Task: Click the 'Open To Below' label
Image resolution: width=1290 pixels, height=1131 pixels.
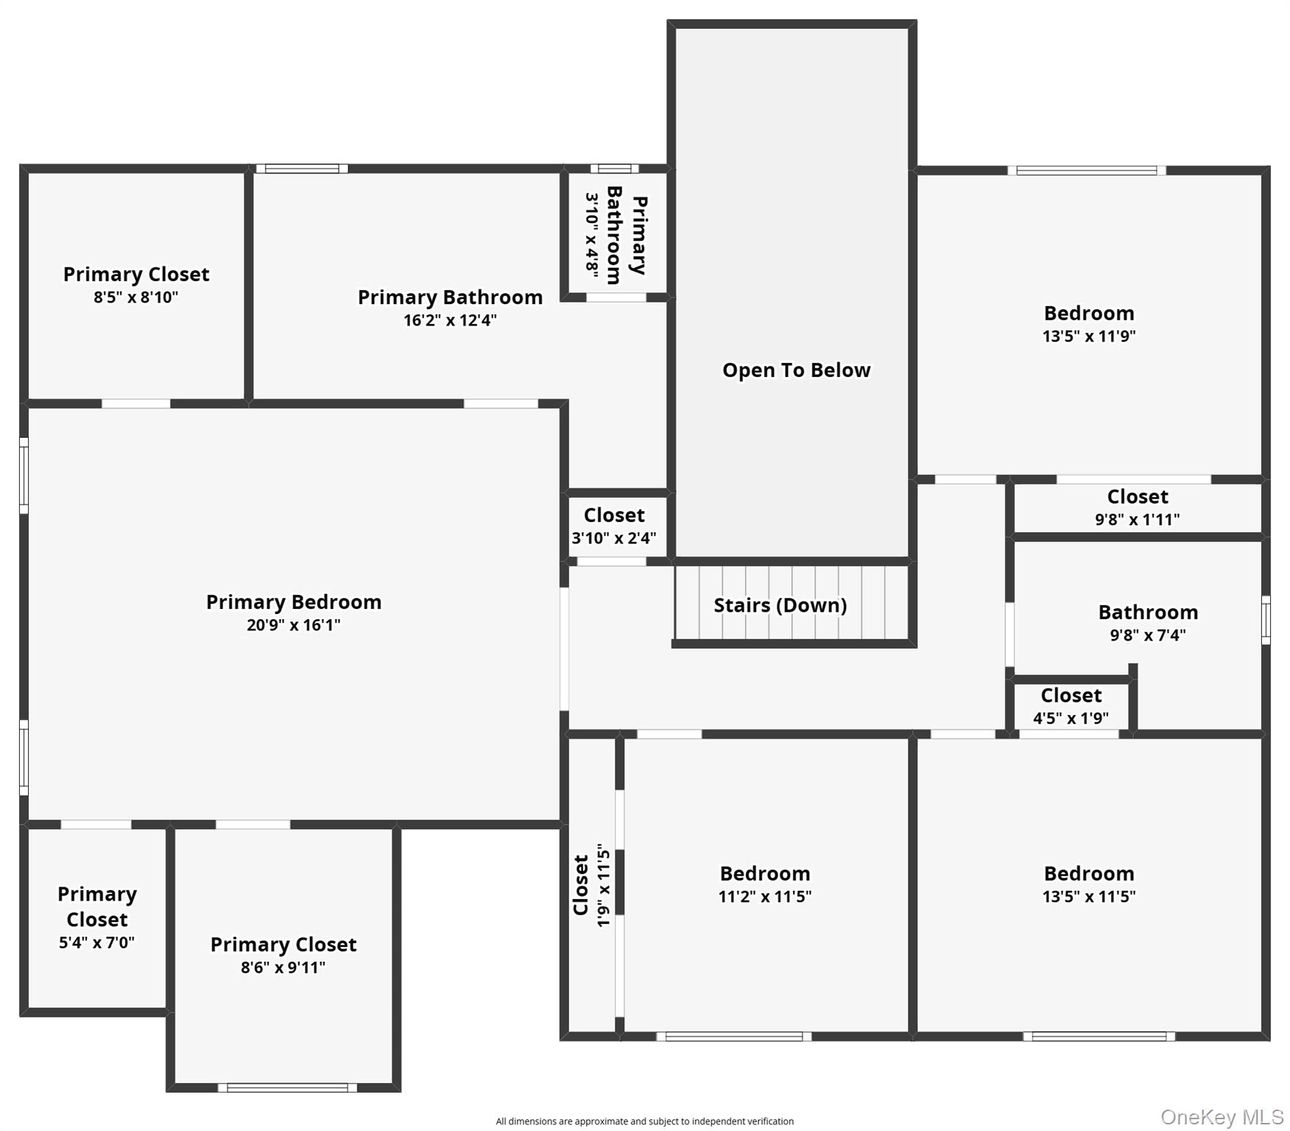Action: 796,370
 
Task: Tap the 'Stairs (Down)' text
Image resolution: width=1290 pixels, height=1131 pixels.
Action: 780,605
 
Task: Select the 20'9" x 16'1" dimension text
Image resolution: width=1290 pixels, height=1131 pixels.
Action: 294,625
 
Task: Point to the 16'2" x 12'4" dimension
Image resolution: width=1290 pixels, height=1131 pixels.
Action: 450,320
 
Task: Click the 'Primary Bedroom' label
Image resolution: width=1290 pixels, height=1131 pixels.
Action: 294,602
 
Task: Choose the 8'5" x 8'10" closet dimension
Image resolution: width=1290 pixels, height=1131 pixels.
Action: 136,297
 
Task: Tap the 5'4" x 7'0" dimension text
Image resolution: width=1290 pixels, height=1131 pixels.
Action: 96,942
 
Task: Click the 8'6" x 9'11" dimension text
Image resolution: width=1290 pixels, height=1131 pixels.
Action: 283,968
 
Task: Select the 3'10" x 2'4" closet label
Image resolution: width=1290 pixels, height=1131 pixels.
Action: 614,538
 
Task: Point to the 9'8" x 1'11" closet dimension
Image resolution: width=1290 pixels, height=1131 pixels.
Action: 1137,519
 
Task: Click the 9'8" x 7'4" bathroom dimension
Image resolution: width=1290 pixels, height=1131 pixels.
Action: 1148,635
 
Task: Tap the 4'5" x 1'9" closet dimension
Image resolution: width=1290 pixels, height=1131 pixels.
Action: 1071,718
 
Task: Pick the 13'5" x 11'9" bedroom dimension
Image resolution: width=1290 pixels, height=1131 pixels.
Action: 1089,337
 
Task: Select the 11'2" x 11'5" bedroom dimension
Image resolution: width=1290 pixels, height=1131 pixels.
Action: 765,897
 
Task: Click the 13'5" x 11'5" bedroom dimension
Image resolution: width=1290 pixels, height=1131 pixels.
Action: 1089,897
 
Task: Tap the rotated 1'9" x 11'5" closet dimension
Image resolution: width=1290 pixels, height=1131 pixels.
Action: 604,885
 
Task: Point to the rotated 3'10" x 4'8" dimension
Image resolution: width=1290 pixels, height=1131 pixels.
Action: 592,235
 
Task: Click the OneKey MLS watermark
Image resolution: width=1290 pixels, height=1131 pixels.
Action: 1222,1117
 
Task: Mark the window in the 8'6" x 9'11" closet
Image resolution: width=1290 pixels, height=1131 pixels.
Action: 287,1088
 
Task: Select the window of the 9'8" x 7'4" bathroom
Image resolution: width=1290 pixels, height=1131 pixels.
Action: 1266,620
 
